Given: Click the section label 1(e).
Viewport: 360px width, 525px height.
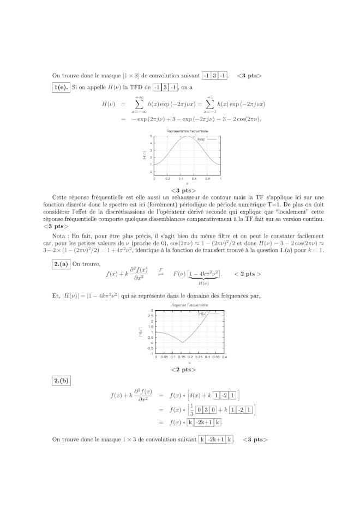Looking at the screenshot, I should (x=61, y=87).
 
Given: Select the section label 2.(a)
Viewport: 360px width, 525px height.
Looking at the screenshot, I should (x=61, y=264).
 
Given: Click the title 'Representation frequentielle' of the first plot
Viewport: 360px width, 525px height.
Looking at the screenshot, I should (x=187, y=131).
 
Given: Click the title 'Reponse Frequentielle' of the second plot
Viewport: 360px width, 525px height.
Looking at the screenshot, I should (x=187, y=305).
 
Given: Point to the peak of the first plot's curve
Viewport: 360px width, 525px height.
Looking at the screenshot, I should (x=187, y=136).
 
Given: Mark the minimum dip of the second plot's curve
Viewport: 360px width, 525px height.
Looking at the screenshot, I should (x=182, y=343).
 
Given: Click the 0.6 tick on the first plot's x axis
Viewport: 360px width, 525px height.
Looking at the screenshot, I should (x=194, y=178).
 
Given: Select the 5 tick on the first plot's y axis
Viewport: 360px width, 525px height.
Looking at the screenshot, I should (x=151, y=136).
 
